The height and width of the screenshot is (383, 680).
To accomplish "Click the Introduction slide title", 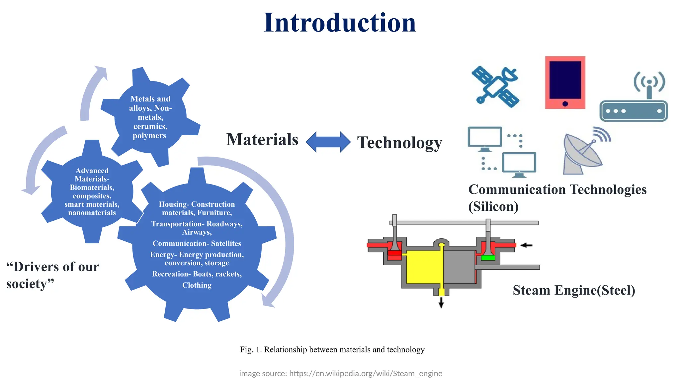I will pos(339,23).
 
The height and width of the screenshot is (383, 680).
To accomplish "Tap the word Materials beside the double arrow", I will pos(262,140).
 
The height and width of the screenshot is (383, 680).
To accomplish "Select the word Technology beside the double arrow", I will pos(399,143).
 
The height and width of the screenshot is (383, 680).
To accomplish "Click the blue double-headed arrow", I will pos(328,142).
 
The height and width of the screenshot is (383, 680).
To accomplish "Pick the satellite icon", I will pos(495,87).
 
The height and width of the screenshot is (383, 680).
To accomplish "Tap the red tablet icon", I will pos(565,82).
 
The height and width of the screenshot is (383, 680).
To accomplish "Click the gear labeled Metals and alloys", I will pos(150,117).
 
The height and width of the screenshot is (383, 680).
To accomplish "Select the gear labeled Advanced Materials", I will pos(92,191).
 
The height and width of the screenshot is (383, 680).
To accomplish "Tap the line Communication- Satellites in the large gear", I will pos(197,243).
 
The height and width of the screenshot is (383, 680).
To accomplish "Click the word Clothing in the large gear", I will pos(197,285).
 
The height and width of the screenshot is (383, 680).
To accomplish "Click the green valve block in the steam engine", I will pos(488,258).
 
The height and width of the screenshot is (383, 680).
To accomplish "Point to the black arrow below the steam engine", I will pos(441,302).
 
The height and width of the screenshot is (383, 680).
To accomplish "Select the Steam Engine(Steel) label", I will pos(574,290).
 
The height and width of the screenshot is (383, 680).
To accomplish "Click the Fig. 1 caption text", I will pos(332,350).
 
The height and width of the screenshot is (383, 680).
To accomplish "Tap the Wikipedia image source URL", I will pos(365,373).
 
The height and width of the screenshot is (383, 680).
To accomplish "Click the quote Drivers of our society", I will pos(52,275).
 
